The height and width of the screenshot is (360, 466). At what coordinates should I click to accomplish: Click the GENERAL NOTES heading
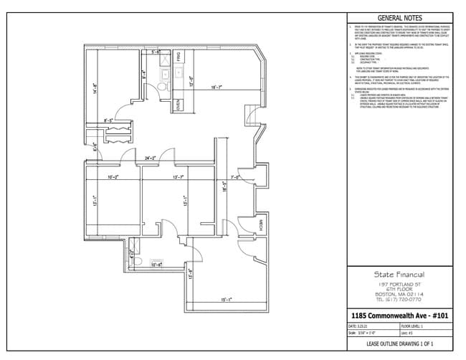[x=399, y=18]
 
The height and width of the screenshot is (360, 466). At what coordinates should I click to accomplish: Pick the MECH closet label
[x=260, y=226]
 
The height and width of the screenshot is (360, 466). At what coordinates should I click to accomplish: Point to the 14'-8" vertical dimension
[x=95, y=90]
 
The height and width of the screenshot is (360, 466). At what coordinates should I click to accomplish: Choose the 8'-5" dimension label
[x=110, y=120]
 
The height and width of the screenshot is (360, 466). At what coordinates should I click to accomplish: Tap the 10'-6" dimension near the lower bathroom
[x=156, y=265]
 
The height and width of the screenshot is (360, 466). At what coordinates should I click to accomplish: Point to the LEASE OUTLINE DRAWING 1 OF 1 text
[x=399, y=344]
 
